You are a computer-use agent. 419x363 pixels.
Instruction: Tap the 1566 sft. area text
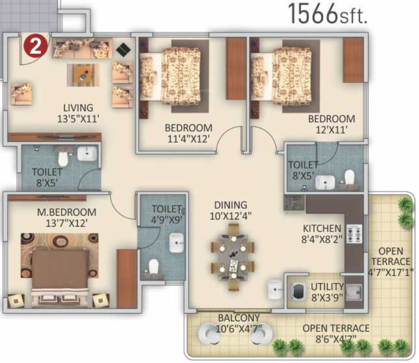pos(328,14)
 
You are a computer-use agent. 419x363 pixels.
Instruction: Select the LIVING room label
pos(78,108)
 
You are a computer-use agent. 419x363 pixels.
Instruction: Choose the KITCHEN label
pos(322,228)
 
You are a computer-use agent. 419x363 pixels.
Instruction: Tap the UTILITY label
pos(327,287)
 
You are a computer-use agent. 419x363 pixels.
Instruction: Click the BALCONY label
pos(239,318)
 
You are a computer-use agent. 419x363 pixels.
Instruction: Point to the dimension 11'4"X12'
pos(188,139)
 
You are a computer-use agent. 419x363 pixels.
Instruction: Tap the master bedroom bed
pos(60,269)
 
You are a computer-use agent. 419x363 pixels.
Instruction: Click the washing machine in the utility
pos(298,291)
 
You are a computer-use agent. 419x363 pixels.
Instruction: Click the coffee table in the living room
pos(83,74)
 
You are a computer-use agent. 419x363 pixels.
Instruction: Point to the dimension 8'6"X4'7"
pos(336,339)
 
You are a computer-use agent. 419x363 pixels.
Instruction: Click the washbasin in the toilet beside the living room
pos(87,154)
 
